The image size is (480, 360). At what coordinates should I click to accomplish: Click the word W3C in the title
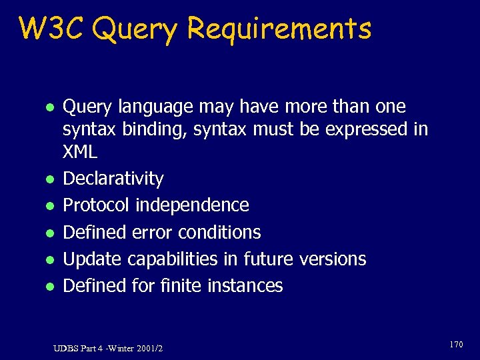pyautogui.click(x=54, y=29)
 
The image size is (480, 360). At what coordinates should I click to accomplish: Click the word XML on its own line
pyautogui.click(x=80, y=152)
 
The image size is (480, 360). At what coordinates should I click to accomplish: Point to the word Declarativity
pyautogui.click(x=113, y=179)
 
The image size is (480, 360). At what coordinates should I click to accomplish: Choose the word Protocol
pyautogui.click(x=96, y=205)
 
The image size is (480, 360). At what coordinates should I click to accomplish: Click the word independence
pyautogui.click(x=192, y=205)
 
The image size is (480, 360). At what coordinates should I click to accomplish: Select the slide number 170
pyautogui.click(x=455, y=344)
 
